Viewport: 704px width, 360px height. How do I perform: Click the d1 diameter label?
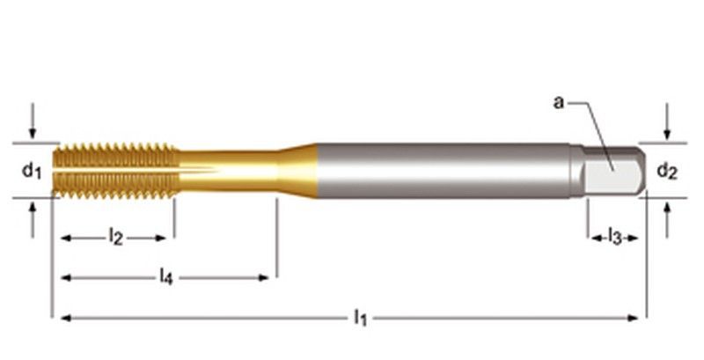32,171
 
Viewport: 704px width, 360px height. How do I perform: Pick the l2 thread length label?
115,237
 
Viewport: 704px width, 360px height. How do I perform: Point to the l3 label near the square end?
615,237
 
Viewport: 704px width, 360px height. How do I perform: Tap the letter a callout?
557,102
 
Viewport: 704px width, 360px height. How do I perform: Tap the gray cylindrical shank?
440,169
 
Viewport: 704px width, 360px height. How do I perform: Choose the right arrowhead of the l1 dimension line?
640,317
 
